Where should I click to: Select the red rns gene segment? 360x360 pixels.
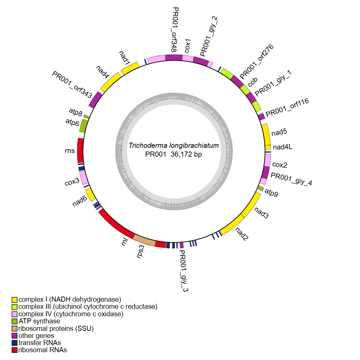click(x=80, y=150)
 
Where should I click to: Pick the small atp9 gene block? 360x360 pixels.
click(x=260, y=188)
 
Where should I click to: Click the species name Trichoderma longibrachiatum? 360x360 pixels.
click(x=174, y=146)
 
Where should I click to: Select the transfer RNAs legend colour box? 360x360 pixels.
click(x=14, y=343)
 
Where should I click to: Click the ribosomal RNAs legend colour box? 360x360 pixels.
click(x=14, y=350)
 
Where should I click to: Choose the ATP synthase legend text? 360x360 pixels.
click(x=39, y=321)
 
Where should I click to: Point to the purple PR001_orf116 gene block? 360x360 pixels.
click(x=261, y=117)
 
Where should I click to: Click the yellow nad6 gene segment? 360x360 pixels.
click(x=90, y=195)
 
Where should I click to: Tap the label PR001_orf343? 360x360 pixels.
click(x=72, y=85)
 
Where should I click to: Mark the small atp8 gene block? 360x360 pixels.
click(x=86, y=117)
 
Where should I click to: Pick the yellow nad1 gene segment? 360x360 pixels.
click(x=129, y=68)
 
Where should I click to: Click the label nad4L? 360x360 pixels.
click(x=282, y=147)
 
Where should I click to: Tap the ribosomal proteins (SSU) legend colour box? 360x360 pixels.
click(x=14, y=328)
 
